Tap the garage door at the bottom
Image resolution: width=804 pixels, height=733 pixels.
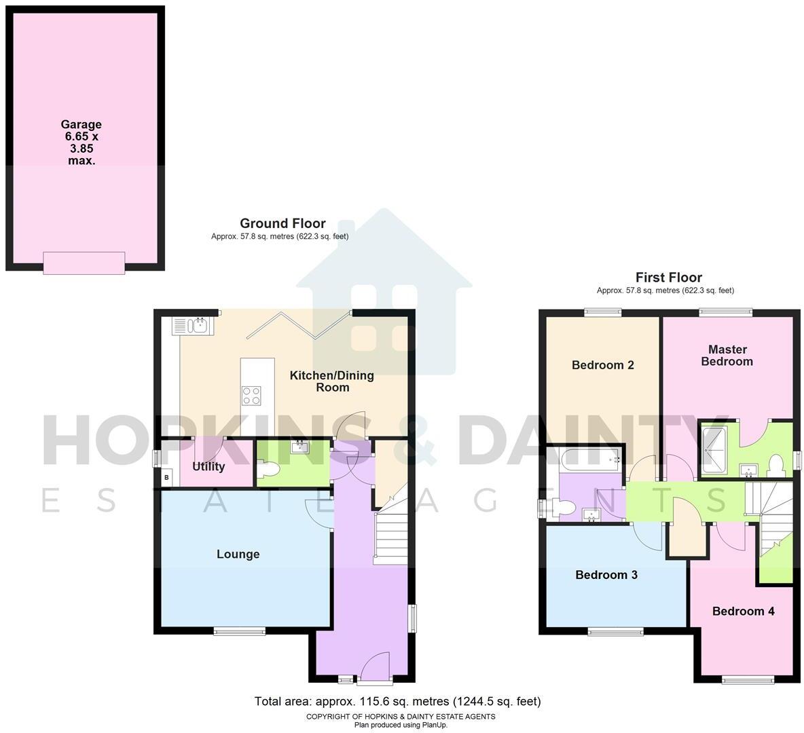point(84,263)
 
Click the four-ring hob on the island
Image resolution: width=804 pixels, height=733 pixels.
point(251,394)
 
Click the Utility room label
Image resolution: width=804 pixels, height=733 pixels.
point(208,467)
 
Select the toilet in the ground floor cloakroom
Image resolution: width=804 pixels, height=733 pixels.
point(268,470)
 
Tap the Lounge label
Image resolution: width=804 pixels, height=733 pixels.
point(238,555)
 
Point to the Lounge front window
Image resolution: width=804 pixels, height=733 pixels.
point(239,632)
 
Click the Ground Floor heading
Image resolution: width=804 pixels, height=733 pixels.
point(282,223)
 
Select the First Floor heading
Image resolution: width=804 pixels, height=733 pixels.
point(668,277)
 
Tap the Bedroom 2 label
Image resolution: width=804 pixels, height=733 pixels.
point(602,365)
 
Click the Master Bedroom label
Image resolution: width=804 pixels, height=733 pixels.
point(727,356)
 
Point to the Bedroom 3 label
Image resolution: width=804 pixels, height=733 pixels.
point(606,575)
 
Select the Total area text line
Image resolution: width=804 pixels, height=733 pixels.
point(397,701)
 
